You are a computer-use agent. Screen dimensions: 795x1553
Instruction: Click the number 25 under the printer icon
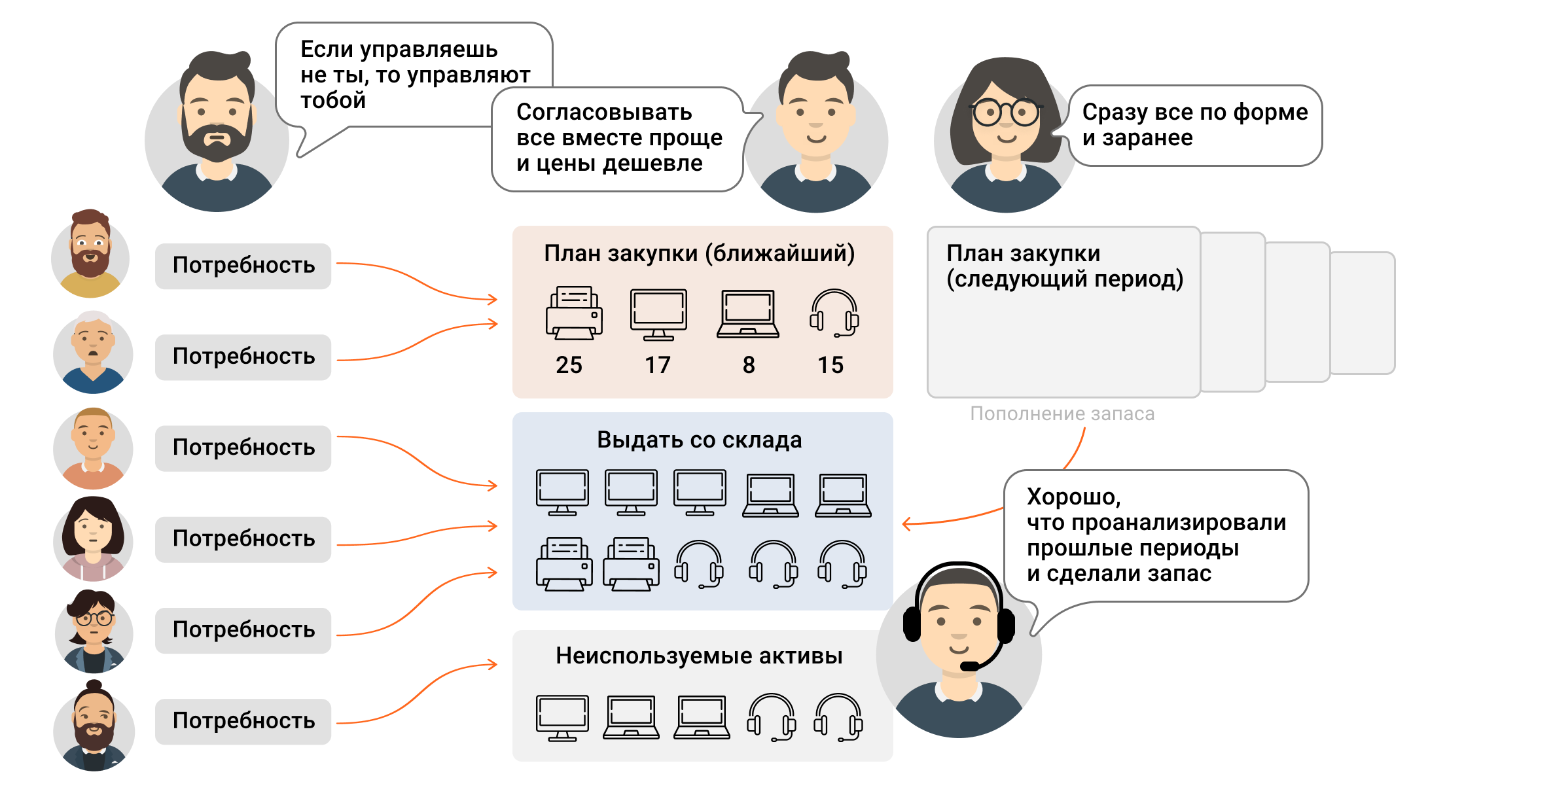coord(569,365)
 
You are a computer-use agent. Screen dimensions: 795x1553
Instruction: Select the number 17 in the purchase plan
coord(658,365)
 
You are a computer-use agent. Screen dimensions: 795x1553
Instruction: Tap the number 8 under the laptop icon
coord(749,365)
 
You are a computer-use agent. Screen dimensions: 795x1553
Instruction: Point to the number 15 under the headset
coord(830,365)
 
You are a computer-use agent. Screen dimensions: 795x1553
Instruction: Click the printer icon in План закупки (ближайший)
coord(574,313)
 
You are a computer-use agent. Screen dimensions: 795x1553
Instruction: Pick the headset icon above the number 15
coord(834,313)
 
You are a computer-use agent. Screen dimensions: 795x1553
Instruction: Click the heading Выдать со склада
coord(699,440)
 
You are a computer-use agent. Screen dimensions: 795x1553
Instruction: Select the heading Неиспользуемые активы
coord(699,656)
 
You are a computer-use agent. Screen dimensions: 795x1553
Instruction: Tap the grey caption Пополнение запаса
coord(1062,414)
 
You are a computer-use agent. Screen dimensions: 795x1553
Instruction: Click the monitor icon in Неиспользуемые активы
coord(562,718)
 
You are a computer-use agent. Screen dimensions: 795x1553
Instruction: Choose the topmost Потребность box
coord(243,266)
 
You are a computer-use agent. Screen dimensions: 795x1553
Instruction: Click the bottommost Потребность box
coord(243,721)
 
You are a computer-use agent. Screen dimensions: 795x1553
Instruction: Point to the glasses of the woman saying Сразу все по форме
coord(1007,113)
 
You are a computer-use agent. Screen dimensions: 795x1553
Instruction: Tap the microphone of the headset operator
coord(969,666)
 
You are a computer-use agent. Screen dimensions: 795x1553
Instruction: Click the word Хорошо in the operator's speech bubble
coord(1073,497)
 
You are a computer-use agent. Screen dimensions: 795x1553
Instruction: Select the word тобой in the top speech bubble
coord(332,101)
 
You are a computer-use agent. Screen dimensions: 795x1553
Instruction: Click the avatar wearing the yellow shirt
coord(90,255)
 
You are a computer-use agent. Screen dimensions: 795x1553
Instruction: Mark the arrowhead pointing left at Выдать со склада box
coord(906,523)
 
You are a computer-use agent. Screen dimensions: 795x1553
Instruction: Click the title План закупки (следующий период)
coord(1064,266)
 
